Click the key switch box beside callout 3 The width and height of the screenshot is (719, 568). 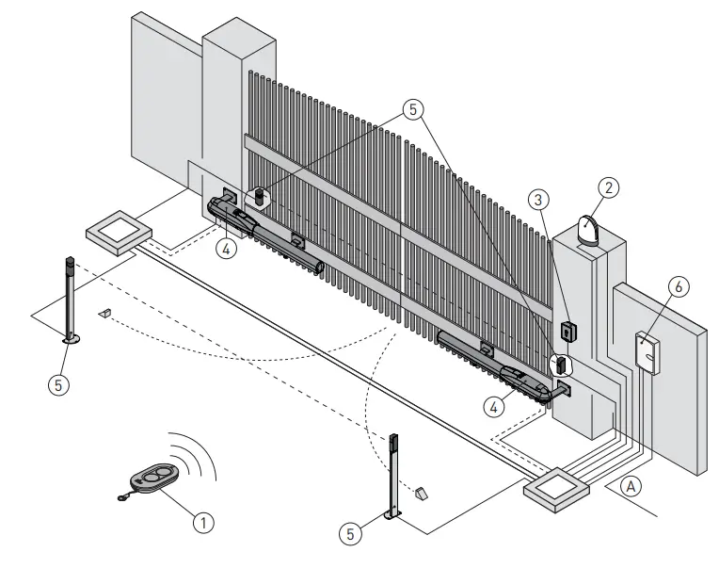[567, 332]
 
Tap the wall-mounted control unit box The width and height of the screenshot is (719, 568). [647, 351]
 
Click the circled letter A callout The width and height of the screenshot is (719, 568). [632, 487]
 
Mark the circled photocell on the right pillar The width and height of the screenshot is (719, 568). [561, 365]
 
